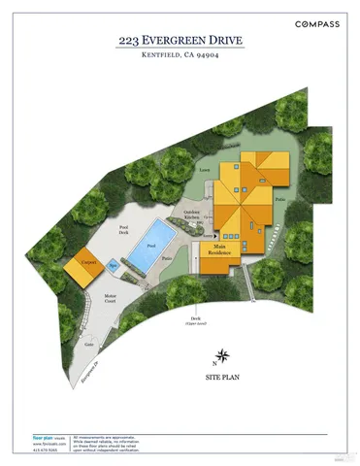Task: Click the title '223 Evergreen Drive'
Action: coord(180,41)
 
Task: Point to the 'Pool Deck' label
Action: coord(123,231)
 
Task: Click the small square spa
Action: coord(114,264)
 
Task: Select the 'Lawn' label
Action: coord(204,170)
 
